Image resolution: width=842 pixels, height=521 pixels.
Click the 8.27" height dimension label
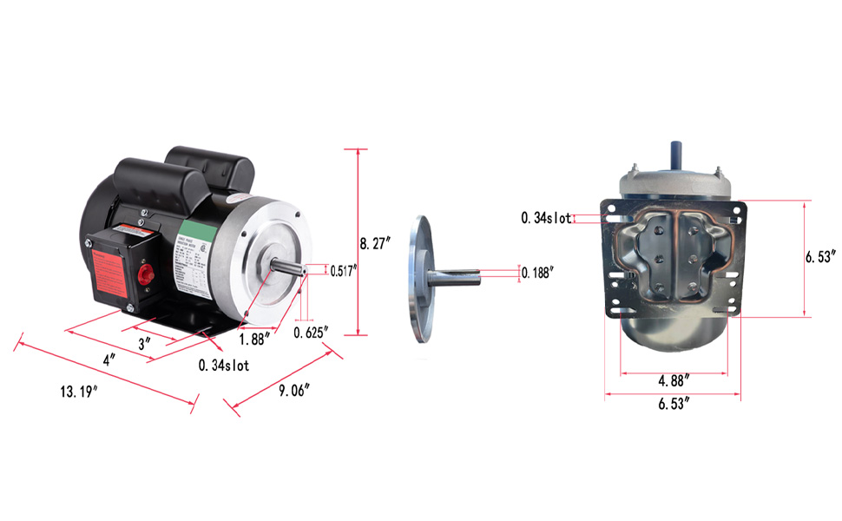tap(377, 244)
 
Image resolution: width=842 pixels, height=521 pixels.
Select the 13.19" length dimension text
tap(78, 392)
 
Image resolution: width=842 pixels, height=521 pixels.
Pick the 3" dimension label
tap(145, 342)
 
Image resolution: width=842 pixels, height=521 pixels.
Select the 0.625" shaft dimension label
tap(311, 333)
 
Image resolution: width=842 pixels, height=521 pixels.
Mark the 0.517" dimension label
tap(342, 271)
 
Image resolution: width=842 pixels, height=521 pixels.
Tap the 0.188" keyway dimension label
tap(537, 273)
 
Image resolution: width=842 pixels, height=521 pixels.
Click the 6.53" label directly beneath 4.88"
tap(674, 403)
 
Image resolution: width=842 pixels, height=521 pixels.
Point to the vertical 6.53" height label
tap(819, 258)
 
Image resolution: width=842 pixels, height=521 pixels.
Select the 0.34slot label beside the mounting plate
tap(545, 218)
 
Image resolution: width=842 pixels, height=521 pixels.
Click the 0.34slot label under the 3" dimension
tap(224, 366)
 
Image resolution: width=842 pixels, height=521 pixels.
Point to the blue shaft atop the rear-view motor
tap(675, 153)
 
